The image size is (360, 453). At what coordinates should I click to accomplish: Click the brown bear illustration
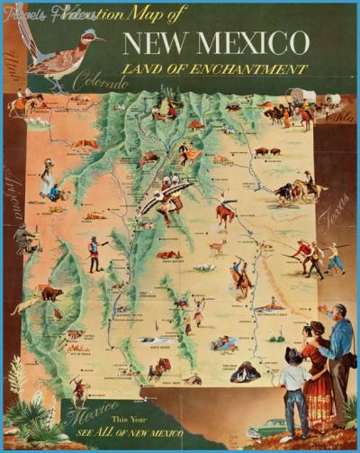tap(51, 294)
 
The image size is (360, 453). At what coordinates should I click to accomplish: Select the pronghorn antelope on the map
tap(217, 245)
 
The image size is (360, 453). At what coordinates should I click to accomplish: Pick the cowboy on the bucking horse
tap(225, 211)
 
